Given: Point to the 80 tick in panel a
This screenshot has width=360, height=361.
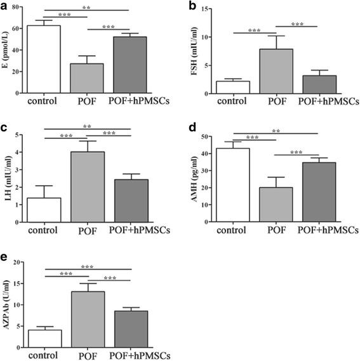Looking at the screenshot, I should [21, 7].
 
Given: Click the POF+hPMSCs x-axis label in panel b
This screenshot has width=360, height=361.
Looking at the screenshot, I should [323, 100].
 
